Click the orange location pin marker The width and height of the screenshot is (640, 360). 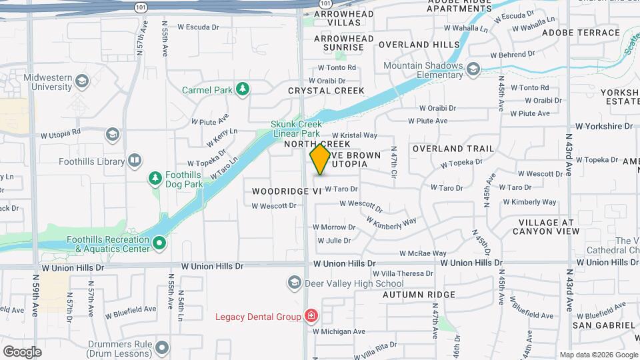coord(320,159)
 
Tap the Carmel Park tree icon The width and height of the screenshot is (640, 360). coord(244,89)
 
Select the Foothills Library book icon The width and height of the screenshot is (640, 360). coord(135,161)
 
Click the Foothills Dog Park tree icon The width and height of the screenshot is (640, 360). coord(155,178)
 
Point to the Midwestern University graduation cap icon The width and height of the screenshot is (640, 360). coord(81,81)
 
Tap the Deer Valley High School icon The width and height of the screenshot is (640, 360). coord(294,283)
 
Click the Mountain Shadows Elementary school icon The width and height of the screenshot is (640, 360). coord(473,69)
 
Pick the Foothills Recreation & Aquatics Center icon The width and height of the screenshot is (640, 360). coord(159,243)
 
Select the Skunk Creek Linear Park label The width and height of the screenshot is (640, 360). coord(296,129)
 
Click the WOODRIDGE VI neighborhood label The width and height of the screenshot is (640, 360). coord(287,191)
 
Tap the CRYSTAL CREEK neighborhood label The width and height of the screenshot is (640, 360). coord(326,91)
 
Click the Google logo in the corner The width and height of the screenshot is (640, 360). coord(22,351)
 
